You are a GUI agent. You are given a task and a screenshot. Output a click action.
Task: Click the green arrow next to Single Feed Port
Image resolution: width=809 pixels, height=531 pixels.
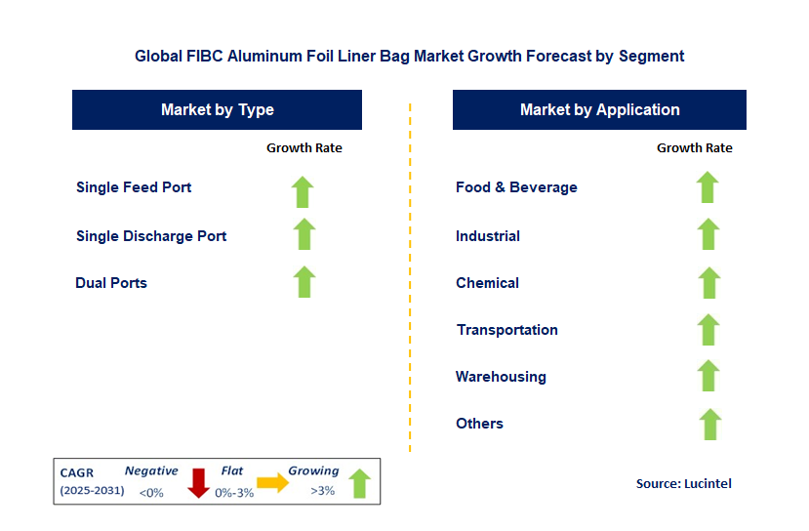point(303,192)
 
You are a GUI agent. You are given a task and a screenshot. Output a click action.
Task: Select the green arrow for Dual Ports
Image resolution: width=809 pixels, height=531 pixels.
point(304,282)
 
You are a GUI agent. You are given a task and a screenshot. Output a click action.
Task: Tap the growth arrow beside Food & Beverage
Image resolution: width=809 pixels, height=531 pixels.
point(708,187)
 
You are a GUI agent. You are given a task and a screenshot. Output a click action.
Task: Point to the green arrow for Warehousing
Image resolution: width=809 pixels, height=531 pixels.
point(708,375)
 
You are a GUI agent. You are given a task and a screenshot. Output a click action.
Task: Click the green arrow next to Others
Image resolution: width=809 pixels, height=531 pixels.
point(710,425)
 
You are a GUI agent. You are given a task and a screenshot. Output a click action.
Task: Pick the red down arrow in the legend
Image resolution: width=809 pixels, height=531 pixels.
point(198,483)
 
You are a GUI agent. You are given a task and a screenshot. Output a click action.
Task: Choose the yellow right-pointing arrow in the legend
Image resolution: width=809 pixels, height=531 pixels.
point(273,482)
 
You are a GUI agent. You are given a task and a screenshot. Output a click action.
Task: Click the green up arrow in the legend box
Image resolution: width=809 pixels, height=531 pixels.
point(360,483)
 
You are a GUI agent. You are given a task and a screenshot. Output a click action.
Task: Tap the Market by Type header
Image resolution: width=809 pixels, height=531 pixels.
point(218,109)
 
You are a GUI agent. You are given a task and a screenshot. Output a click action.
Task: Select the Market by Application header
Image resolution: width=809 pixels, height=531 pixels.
point(599,109)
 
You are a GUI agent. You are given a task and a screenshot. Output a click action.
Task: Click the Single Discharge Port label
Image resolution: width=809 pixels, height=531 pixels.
point(151,236)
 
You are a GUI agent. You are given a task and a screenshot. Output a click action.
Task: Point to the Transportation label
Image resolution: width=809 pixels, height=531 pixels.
point(507,330)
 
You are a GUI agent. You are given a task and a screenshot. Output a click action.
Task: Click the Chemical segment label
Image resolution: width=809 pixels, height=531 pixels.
point(488,283)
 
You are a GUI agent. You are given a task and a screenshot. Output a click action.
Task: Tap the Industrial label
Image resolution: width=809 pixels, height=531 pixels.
point(488,236)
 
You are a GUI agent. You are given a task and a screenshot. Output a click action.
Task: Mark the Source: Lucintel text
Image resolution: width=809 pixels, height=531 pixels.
point(684,483)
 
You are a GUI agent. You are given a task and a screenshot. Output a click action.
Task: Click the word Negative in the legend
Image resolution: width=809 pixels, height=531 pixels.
point(151,470)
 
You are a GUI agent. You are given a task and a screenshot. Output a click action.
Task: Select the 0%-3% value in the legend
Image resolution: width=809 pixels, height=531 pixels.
point(234,493)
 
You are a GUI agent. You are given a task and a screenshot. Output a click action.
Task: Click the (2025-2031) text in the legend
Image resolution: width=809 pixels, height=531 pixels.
point(93,490)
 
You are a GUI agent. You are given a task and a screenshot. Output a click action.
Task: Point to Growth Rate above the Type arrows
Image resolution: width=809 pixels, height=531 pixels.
point(304,148)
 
